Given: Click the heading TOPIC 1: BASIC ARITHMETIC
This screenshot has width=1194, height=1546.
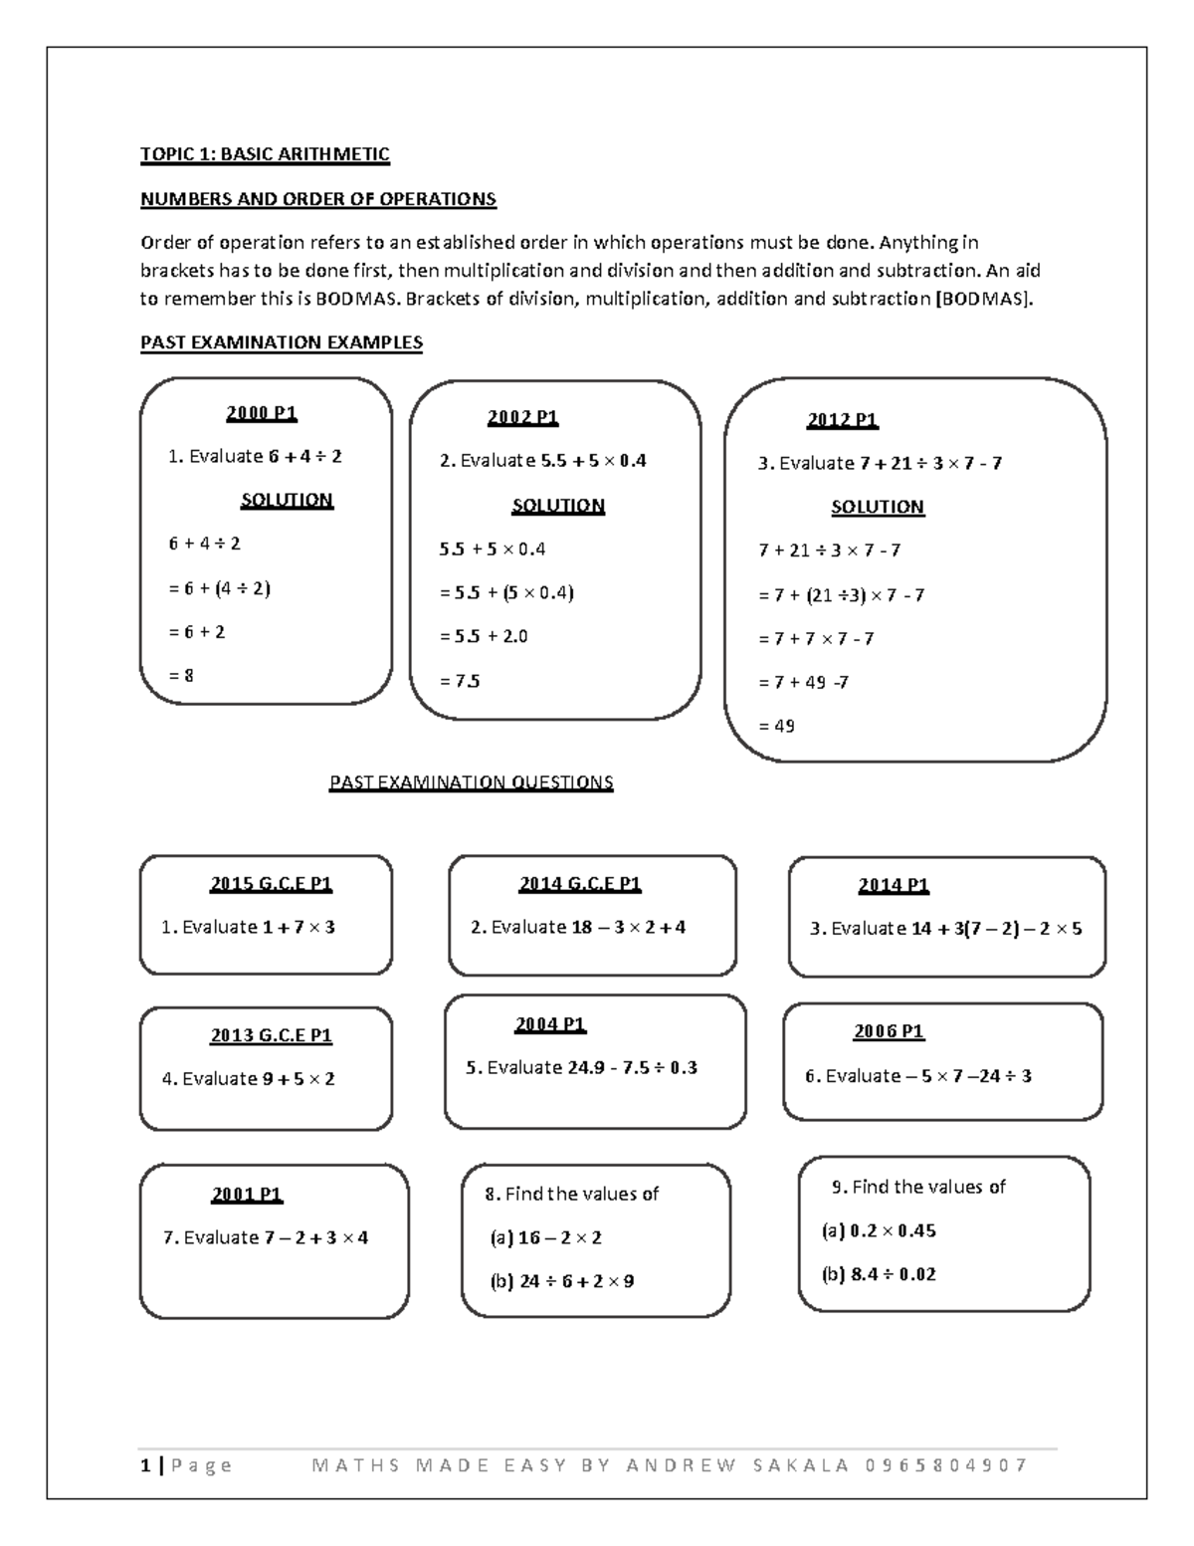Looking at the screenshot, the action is tap(265, 154).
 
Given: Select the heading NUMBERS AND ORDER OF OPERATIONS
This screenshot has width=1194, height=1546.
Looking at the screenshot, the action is tap(317, 198).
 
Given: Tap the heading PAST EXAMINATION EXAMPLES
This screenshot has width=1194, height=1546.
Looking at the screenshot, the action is tap(281, 342).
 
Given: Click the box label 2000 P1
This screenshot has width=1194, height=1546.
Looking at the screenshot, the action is tap(262, 412).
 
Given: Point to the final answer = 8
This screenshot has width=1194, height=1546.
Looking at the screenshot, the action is tap(181, 676).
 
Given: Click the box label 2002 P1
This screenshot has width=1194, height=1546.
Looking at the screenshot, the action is tap(522, 417).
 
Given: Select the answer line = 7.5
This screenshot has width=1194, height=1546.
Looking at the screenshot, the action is tap(460, 681).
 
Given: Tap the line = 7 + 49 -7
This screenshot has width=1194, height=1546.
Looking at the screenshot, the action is tap(803, 682).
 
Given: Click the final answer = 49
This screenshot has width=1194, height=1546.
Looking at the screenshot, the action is tap(776, 726).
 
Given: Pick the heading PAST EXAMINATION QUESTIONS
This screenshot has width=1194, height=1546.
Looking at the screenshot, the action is tap(471, 782).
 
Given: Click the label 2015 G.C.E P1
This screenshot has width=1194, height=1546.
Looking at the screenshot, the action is tap(271, 883).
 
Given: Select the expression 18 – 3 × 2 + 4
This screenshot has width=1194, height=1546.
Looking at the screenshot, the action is tap(628, 927).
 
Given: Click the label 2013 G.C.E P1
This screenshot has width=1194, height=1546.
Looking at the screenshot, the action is tap(271, 1035).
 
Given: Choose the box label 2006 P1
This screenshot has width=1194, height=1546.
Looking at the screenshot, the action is tap(889, 1031).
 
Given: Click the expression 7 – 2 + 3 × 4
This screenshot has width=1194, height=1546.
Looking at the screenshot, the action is tap(315, 1237).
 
